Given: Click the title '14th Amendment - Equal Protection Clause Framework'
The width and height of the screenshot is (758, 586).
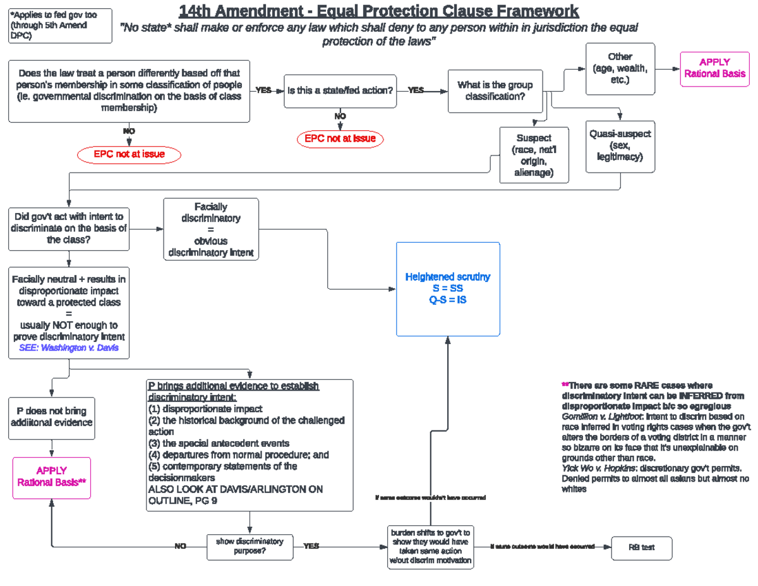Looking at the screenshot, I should (378, 11).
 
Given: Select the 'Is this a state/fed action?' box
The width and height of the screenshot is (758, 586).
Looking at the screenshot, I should (340, 90).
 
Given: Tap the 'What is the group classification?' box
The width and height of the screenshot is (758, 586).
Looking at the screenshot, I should (495, 91).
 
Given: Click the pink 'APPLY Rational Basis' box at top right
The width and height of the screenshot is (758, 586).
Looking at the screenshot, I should (714, 68).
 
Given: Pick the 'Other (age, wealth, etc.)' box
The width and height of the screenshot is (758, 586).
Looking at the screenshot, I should (620, 69).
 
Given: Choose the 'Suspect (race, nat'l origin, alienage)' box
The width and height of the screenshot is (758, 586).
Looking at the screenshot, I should (534, 155).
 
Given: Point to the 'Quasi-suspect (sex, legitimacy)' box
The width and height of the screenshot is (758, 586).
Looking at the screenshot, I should (620, 145).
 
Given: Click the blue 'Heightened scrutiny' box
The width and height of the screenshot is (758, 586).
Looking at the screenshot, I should (448, 289).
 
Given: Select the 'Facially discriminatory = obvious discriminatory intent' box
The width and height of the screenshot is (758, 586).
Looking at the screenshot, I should (211, 229).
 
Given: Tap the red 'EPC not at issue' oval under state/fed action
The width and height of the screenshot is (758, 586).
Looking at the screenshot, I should (340, 138).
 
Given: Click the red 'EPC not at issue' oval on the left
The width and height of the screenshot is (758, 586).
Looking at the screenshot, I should (129, 154).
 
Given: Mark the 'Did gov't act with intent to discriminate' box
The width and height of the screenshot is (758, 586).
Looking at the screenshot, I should (69, 228).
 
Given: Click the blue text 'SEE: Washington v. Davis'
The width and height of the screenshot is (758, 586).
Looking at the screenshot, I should (69, 348).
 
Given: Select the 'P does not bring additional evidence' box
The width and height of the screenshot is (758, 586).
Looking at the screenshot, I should (51, 418).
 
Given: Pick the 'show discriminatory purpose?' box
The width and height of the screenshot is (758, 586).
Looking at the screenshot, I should (250, 547).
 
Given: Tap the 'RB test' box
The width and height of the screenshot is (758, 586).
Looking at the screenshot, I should (641, 547).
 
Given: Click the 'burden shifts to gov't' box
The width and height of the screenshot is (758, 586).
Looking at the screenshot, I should (430, 547).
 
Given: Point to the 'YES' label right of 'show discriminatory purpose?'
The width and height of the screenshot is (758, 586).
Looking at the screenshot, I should (311, 546).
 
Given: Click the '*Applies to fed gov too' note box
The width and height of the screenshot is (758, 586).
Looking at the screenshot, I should (60, 25).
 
